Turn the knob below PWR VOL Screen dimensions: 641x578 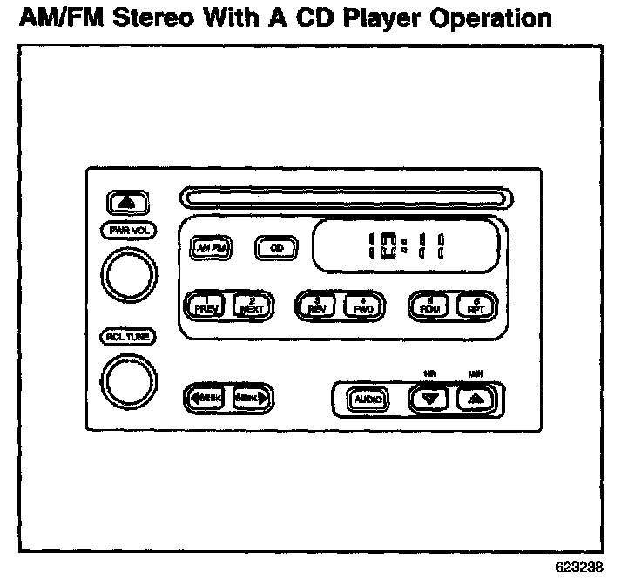tap(129, 274)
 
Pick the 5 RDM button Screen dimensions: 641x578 tap(429, 304)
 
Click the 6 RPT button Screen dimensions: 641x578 tap(475, 304)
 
